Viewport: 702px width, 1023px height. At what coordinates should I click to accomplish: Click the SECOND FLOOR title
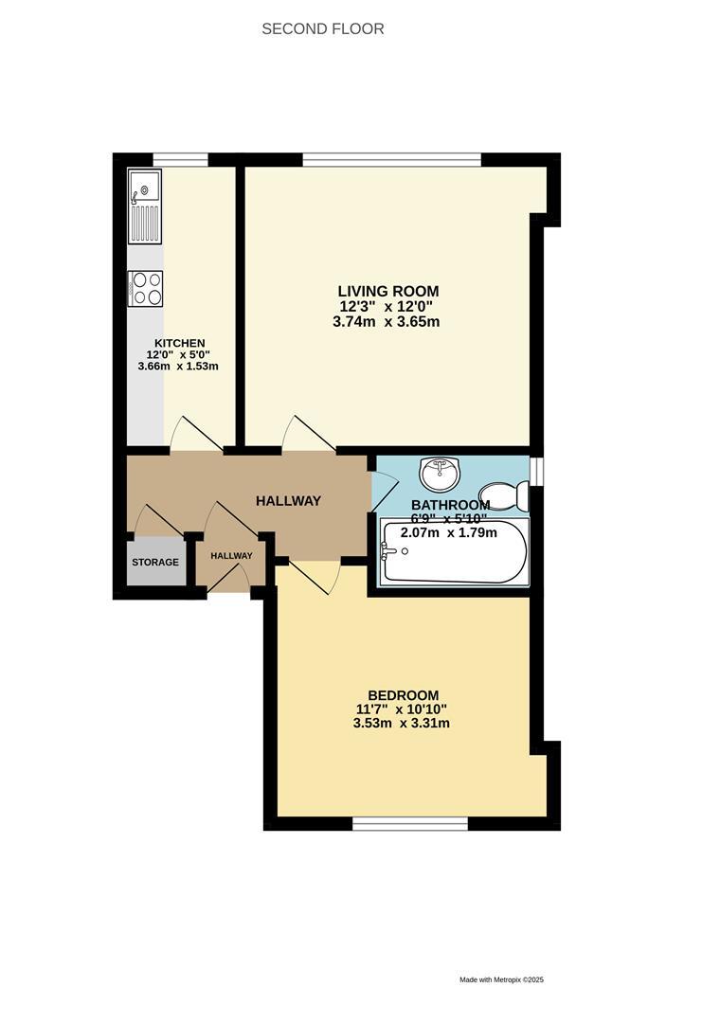click(323, 29)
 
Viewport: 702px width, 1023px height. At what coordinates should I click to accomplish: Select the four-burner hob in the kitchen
click(145, 288)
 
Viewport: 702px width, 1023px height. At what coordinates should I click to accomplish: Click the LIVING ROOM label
click(388, 291)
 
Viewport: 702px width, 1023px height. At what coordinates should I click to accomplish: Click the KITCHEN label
click(180, 343)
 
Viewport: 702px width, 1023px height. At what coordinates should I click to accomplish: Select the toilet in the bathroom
click(504, 494)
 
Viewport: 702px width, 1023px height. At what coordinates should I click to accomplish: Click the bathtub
click(454, 551)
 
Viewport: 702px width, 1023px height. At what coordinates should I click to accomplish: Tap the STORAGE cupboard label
click(155, 563)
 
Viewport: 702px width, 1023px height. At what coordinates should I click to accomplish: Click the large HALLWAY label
click(289, 501)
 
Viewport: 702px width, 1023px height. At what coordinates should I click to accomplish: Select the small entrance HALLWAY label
click(231, 556)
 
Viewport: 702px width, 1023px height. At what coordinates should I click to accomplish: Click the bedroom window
click(410, 824)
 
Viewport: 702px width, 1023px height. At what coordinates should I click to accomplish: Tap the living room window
click(391, 159)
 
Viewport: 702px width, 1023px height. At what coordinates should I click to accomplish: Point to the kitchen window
click(181, 159)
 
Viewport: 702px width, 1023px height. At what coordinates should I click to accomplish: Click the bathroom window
click(537, 471)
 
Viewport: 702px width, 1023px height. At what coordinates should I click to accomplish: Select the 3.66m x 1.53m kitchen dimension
click(179, 366)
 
